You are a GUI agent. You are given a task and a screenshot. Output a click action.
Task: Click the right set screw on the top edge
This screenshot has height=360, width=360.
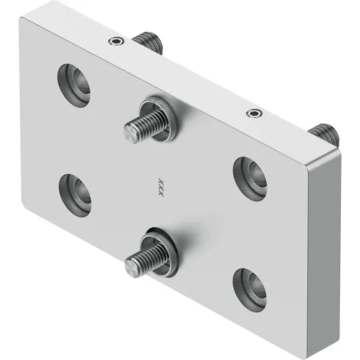pos(253,113)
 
